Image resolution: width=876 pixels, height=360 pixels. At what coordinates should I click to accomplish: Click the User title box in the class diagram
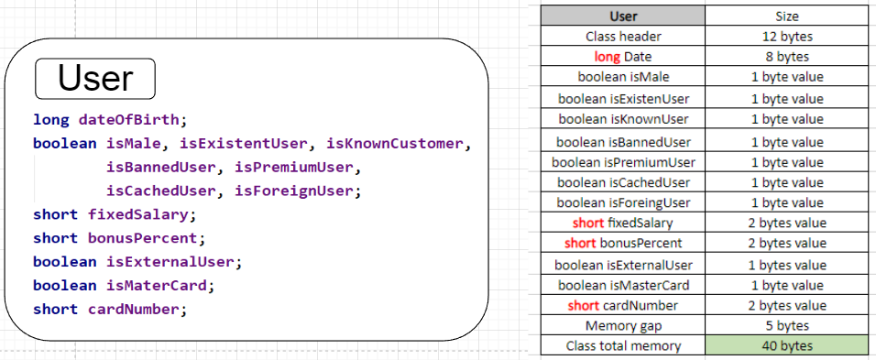pyautogui.click(x=95, y=79)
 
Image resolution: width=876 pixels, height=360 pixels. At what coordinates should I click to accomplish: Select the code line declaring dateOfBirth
pyautogui.click(x=109, y=120)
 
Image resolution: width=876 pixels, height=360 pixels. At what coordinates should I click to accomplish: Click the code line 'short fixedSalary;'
pyautogui.click(x=115, y=215)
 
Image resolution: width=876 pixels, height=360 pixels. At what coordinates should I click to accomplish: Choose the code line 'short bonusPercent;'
pyautogui.click(x=118, y=238)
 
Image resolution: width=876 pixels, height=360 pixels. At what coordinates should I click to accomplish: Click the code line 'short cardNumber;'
pyautogui.click(x=110, y=309)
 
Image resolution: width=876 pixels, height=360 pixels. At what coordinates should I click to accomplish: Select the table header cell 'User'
pyautogui.click(x=623, y=16)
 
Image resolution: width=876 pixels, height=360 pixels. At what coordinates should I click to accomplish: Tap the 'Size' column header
pyautogui.click(x=786, y=16)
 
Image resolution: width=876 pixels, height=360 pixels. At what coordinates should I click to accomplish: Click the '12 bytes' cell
pyautogui.click(x=786, y=37)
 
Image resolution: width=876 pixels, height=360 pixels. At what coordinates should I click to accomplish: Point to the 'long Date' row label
pyautogui.click(x=623, y=57)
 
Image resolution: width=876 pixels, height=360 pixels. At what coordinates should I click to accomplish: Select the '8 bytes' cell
pyautogui.click(x=786, y=57)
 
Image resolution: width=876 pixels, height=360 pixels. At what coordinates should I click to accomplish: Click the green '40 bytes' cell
pyautogui.click(x=786, y=346)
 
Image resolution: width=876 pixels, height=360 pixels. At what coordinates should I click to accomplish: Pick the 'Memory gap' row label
pyautogui.click(x=623, y=325)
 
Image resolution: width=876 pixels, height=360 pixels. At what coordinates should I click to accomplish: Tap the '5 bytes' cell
pyautogui.click(x=786, y=325)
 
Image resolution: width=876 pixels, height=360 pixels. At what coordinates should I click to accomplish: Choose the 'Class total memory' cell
pyautogui.click(x=623, y=346)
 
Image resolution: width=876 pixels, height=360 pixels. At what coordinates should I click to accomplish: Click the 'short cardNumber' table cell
pyautogui.click(x=623, y=305)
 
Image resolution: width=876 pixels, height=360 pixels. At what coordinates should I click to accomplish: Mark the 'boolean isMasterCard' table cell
pyautogui.click(x=623, y=285)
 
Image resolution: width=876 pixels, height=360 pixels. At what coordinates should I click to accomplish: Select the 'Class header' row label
pyautogui.click(x=623, y=37)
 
